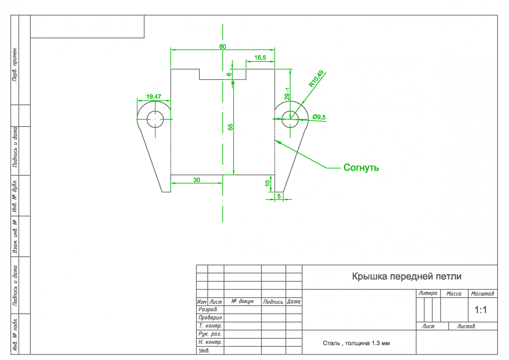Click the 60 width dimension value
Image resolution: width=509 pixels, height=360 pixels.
click(x=223, y=46)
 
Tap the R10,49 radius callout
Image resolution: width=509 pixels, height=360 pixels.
click(x=316, y=79)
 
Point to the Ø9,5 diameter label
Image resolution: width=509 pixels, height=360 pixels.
click(x=319, y=117)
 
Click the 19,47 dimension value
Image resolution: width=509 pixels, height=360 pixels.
click(x=154, y=97)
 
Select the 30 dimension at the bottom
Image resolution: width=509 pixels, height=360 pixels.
click(x=197, y=180)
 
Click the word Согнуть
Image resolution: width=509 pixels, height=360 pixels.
click(x=361, y=168)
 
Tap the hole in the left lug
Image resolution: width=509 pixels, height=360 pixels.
click(x=155, y=119)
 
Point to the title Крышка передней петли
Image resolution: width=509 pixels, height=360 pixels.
click(x=406, y=277)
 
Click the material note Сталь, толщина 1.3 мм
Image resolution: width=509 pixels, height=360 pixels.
click(x=356, y=343)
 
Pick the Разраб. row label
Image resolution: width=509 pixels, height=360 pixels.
click(x=208, y=309)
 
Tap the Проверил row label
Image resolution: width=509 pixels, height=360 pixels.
click(x=210, y=318)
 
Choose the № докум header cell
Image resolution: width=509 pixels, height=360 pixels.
click(x=243, y=301)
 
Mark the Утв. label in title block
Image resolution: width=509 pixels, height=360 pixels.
click(x=204, y=351)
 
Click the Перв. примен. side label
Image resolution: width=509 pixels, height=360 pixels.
click(x=14, y=64)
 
